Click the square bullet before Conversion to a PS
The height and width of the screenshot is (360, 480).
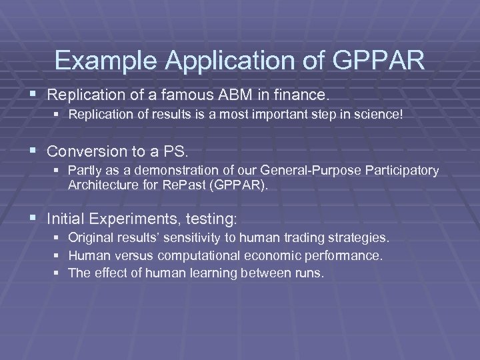(34, 151)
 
